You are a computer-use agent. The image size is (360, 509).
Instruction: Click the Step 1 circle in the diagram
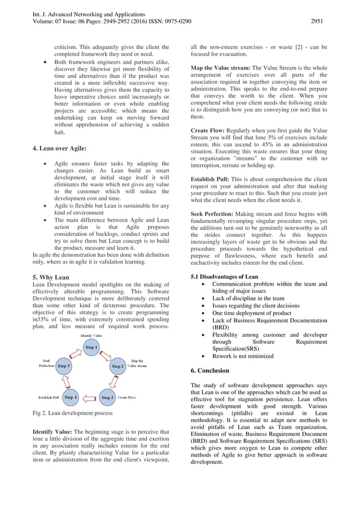click(91, 347)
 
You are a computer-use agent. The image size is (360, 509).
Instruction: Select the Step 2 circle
click(117, 366)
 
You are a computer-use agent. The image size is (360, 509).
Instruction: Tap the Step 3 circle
click(107, 398)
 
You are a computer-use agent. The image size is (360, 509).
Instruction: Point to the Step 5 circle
click(64, 366)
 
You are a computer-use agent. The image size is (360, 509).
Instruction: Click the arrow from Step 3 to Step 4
click(89, 398)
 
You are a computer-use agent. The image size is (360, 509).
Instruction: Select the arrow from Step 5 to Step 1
click(75, 354)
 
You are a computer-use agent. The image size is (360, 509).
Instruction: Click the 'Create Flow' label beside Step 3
click(127, 398)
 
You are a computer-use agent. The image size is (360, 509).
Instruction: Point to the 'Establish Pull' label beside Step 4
click(49, 398)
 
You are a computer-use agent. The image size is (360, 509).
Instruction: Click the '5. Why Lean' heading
click(50, 278)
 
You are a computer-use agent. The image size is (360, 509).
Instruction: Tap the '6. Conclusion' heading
click(210, 371)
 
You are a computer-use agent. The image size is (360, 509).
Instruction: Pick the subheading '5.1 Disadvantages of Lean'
click(225, 277)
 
